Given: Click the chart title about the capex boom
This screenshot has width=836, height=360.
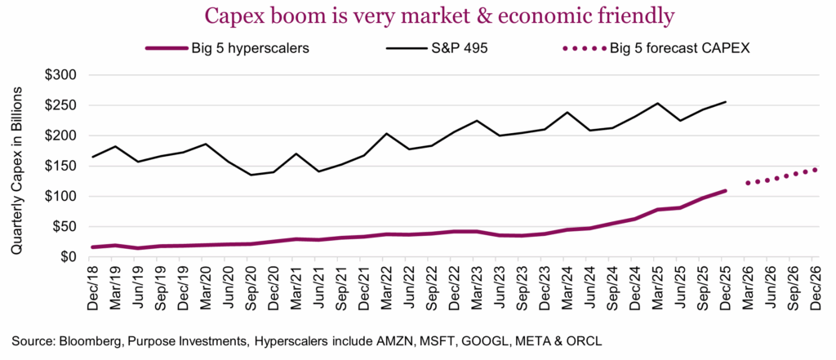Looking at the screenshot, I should pyautogui.click(x=417, y=16).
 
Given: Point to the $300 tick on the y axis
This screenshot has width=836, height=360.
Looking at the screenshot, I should pyautogui.click(x=58, y=75).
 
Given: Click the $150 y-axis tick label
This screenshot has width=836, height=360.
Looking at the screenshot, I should pyautogui.click(x=58, y=166).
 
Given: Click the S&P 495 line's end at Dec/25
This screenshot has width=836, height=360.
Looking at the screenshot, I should pyautogui.click(x=726, y=102).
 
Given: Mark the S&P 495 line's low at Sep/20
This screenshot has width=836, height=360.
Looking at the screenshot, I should pyautogui.click(x=251, y=175).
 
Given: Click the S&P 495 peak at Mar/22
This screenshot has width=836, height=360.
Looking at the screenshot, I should pyautogui.click(x=385, y=134).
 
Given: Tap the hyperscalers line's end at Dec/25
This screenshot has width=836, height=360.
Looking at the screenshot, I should pyautogui.click(x=726, y=191).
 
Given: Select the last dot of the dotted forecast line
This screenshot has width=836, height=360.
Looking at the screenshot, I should pyautogui.click(x=814, y=170).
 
